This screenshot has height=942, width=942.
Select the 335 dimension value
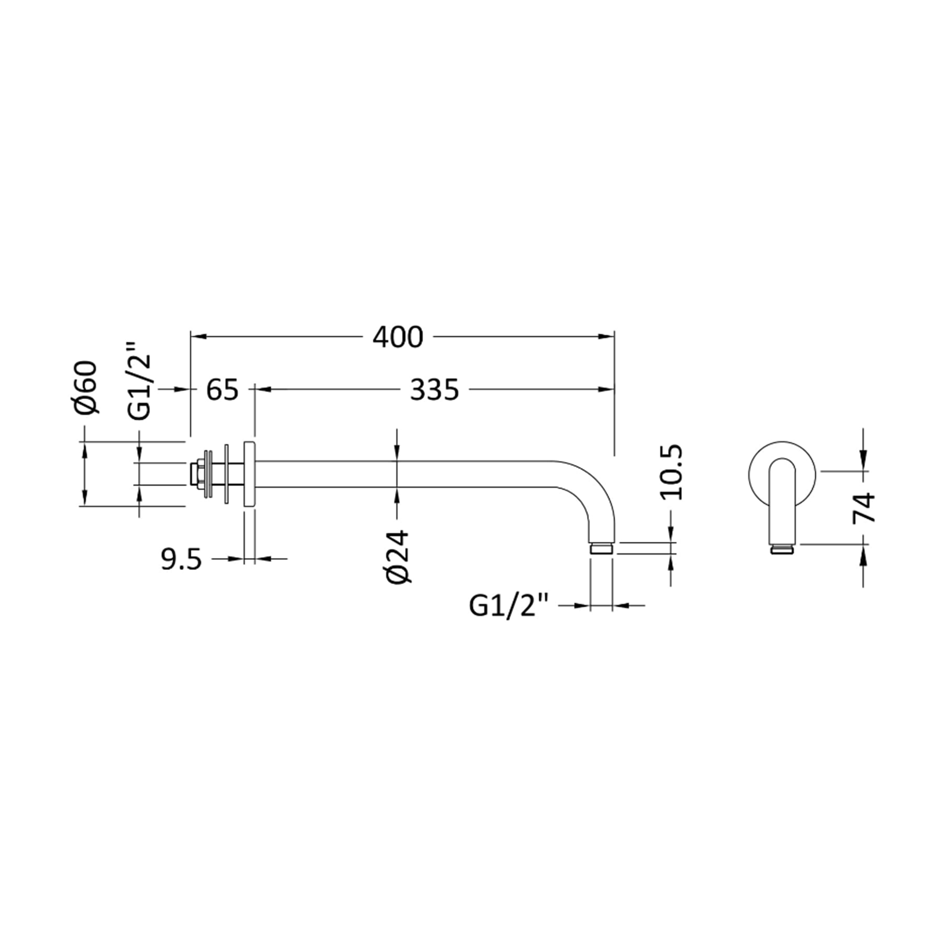[x=434, y=390]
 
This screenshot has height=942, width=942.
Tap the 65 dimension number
[x=222, y=390]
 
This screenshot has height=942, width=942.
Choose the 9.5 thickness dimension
[x=181, y=560]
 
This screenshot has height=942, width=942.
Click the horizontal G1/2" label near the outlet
[x=509, y=606]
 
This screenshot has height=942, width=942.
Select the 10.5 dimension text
[x=672, y=472]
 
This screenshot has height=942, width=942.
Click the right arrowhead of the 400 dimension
[x=607, y=336]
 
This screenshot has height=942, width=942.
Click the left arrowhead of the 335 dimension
[x=262, y=389]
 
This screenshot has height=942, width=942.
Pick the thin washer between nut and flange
[x=226, y=474]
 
